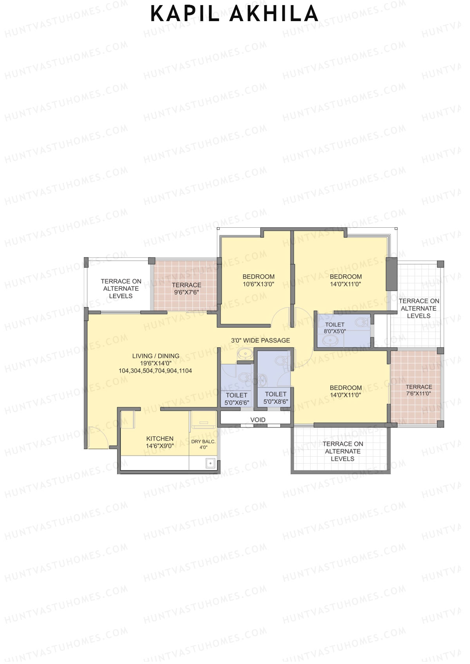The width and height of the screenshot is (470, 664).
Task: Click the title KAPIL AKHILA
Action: [234, 14]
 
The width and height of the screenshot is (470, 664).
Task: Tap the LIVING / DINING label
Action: [155, 356]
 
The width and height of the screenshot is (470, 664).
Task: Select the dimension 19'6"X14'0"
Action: [155, 363]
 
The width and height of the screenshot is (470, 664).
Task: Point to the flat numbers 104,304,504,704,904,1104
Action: [155, 371]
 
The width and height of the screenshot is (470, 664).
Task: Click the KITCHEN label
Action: [160, 439]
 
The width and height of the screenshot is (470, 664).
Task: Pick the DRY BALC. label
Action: [203, 442]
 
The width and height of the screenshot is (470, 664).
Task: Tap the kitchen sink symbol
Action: [211, 463]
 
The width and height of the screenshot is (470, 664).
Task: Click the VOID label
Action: [258, 420]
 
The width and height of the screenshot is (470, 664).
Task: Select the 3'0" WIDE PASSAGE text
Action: [260, 340]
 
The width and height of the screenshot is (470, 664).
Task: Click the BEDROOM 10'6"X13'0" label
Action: [258, 280]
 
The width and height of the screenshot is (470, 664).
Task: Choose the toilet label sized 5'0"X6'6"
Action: [237, 399]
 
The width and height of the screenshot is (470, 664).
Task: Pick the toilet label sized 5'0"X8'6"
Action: [276, 398]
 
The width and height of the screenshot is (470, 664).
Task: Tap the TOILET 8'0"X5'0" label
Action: [335, 328]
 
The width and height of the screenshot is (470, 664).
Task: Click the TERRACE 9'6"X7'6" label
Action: [186, 288]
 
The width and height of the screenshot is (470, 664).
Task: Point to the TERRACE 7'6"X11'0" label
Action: [419, 390]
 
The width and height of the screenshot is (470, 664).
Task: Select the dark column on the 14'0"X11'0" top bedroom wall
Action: [391, 274]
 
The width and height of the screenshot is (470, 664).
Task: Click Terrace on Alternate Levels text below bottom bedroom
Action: [343, 451]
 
